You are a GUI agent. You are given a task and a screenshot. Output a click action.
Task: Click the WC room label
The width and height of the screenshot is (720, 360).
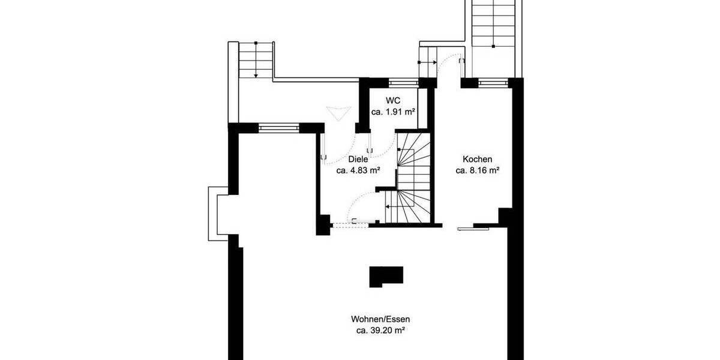394,100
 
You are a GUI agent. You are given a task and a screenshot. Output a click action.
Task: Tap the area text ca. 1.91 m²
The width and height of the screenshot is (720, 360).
394,112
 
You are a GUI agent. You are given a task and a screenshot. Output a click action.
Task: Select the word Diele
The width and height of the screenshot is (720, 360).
358,160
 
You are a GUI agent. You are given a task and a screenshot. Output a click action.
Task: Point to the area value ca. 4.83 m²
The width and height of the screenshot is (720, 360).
358,170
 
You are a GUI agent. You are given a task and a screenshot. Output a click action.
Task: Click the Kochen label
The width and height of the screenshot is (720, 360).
478,160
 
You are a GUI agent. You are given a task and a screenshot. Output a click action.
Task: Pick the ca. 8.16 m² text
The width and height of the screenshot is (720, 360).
478,170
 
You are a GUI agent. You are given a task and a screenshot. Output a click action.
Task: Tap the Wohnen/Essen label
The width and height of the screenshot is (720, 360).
380,319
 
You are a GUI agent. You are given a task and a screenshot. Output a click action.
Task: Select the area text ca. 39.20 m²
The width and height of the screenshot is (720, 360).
380,330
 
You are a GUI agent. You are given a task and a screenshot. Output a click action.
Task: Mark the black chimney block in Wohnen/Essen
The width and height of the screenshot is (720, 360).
386,277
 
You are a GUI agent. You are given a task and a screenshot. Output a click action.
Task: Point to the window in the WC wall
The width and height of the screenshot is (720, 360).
403,82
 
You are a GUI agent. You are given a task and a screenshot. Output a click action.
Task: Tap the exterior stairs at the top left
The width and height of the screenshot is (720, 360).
256,60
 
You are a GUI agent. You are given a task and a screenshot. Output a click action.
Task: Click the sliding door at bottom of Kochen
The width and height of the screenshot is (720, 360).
473,228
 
